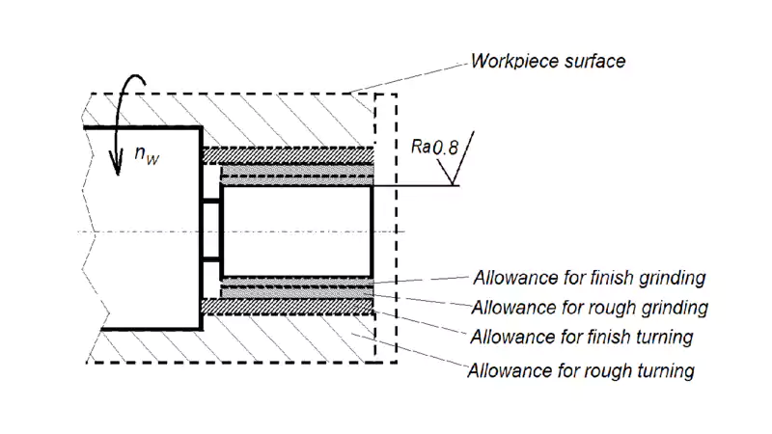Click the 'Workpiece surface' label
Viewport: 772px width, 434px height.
coord(547,62)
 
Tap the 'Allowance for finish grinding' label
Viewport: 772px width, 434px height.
coord(590,279)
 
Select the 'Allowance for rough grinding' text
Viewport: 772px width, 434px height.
coord(590,309)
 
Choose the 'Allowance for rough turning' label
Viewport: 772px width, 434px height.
coord(580,369)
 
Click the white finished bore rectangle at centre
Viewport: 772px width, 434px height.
coord(296,229)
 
